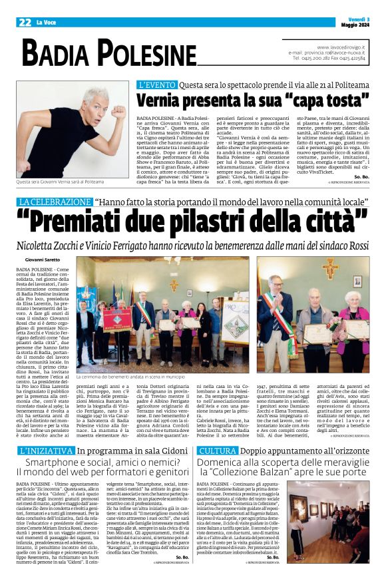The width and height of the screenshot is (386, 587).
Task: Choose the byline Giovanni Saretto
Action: pos(41,259)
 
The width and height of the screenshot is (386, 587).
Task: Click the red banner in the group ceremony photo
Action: pos(116,317)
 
